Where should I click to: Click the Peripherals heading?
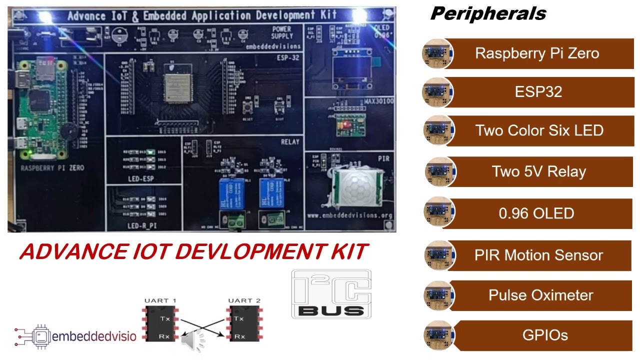[487, 13]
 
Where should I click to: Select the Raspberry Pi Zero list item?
[537, 53]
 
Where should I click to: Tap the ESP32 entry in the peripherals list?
[538, 92]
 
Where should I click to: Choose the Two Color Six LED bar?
[539, 130]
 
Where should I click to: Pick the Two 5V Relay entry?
[539, 171]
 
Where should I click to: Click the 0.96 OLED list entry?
[536, 213]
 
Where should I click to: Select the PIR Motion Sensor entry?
[538, 255]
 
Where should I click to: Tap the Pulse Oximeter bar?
[540, 295]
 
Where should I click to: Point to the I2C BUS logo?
[331, 294]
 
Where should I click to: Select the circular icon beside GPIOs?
[438, 335]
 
